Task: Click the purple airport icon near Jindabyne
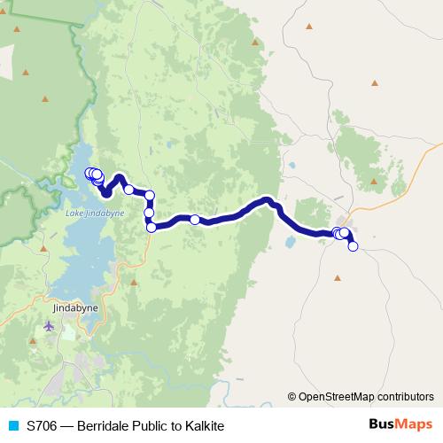(x=48, y=327)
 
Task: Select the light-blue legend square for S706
(x=12, y=426)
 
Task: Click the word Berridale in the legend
(x=105, y=426)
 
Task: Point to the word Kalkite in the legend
(x=206, y=426)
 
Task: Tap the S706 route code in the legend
(x=43, y=426)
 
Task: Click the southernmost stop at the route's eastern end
(x=353, y=246)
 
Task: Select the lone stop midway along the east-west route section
(x=195, y=220)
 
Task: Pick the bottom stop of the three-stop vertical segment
(x=152, y=228)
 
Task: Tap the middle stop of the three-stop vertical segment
(x=150, y=213)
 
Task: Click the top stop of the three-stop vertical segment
(x=150, y=196)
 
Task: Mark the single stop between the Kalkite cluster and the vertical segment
(x=129, y=189)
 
